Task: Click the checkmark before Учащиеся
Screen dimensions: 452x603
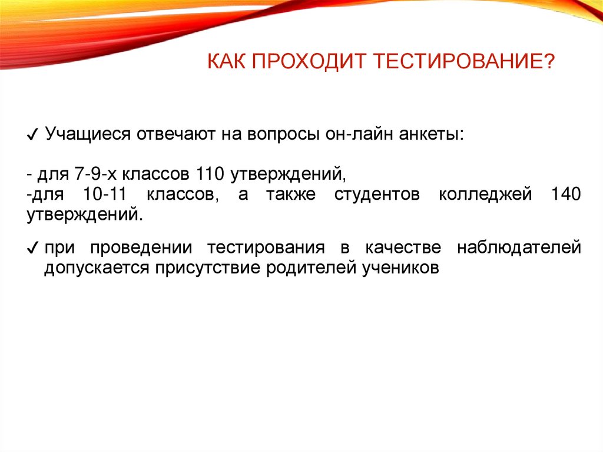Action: [32, 136]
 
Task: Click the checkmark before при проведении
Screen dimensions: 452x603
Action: [32, 248]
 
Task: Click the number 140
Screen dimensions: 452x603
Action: [565, 194]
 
